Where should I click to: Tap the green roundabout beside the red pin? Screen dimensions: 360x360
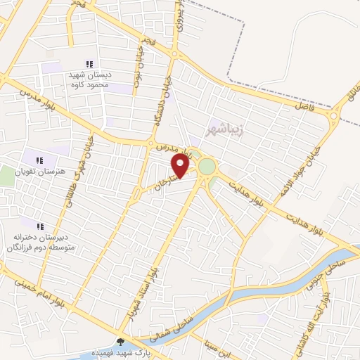pyautogui.click(x=207, y=167)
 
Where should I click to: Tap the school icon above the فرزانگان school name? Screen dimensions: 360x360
pyautogui.click(x=40, y=226)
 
